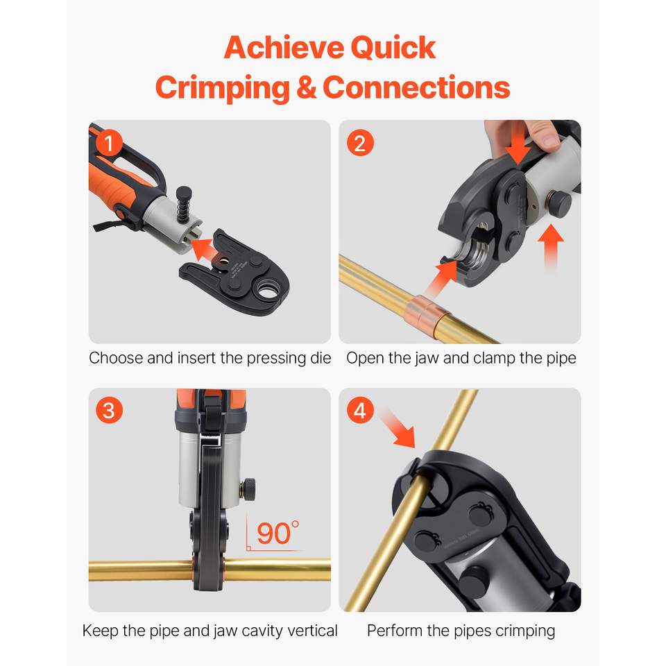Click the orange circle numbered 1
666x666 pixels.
coord(109,143)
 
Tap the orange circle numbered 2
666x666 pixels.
coord(360,143)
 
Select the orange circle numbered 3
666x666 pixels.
coord(109,410)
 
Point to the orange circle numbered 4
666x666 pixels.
coord(360,410)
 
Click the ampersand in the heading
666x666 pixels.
coord(306,87)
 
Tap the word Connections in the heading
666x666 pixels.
coord(416,87)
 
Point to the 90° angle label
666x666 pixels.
coord(277,533)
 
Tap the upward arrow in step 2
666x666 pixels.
coord(550,246)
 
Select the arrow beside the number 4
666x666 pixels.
coord(398,427)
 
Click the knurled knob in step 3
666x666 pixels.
coord(248,488)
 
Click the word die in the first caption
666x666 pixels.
coord(321,358)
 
